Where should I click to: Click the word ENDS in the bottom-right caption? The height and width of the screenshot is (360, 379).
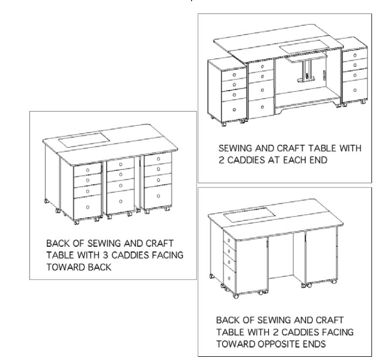coord(316,344)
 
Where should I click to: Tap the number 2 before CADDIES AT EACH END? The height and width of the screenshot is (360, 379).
coord(221,160)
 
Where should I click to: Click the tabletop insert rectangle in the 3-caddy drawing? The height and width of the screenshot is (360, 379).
coord(84,140)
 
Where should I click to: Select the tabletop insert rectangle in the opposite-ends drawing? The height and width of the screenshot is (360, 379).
coord(249,214)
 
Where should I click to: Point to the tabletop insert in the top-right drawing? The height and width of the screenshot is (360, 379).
coord(304,47)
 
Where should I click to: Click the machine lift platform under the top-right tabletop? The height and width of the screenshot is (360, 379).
coord(306,58)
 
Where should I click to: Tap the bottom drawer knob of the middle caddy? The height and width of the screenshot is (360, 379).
coord(121,202)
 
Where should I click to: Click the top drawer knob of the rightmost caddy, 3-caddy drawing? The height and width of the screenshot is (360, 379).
coord(158,159)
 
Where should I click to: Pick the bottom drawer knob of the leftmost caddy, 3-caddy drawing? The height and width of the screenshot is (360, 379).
coord(88,207)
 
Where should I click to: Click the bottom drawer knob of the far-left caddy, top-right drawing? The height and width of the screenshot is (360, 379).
coord(234,110)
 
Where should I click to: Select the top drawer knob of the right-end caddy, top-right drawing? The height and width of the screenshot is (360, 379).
coord(355,55)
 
